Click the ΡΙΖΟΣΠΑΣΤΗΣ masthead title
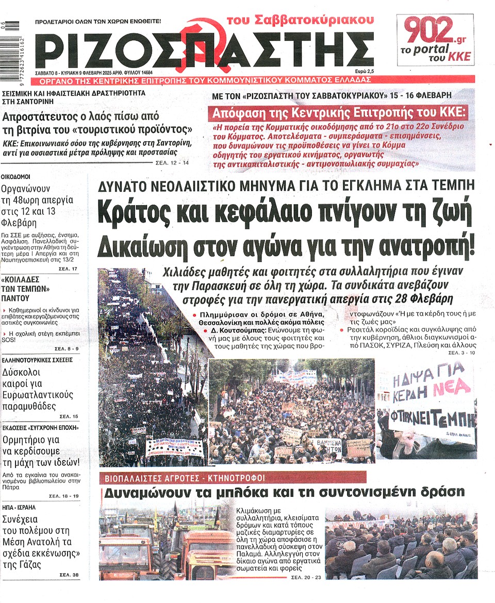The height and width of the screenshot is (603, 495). click(204, 50)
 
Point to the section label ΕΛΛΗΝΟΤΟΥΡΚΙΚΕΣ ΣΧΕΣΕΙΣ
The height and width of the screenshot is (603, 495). click(38, 360)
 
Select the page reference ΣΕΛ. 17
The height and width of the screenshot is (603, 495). click(67, 269)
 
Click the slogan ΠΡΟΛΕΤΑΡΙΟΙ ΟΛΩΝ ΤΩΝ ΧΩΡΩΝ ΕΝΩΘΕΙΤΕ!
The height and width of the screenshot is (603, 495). click(98, 22)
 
